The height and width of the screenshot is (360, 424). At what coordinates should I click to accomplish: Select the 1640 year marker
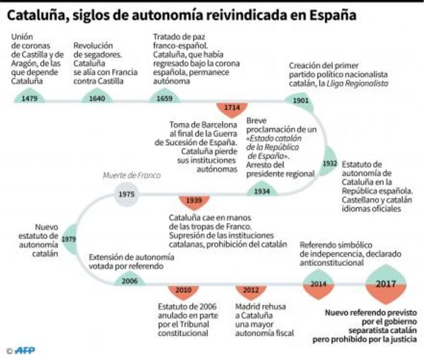(x=96, y=98)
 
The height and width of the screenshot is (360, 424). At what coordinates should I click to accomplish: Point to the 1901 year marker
(x=300, y=100)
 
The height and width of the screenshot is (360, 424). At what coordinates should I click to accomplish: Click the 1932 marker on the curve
(x=329, y=163)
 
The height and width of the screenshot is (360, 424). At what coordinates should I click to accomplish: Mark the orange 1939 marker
(x=194, y=200)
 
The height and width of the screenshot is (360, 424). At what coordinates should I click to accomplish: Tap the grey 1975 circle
(x=126, y=195)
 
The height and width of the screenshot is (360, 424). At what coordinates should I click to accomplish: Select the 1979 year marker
(x=68, y=239)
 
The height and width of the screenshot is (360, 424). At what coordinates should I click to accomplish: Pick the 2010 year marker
(x=183, y=289)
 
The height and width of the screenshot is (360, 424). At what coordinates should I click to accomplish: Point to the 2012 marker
(x=251, y=289)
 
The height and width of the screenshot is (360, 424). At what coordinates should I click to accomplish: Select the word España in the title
(x=331, y=15)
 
